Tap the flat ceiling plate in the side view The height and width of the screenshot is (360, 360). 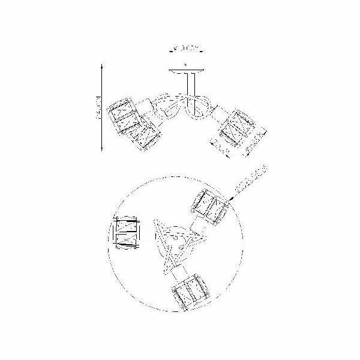click(x=186, y=70)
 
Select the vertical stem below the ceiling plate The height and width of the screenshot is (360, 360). click(x=191, y=87)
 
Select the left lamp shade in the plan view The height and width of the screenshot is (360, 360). click(x=128, y=233)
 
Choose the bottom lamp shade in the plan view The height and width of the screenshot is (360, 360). click(x=189, y=292)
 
